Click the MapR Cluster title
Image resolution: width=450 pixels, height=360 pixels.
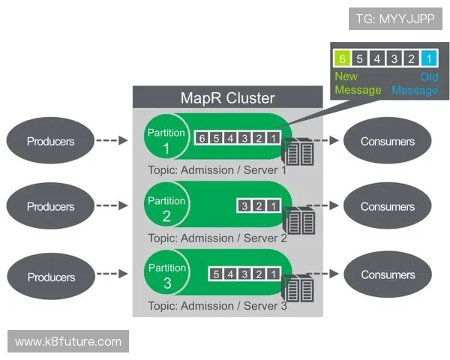click(228, 97)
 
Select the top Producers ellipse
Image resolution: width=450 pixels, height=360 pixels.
click(51, 141)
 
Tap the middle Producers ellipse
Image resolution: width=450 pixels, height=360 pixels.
click(51, 206)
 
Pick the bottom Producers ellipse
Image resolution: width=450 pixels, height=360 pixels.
click(51, 277)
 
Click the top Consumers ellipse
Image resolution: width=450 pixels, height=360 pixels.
click(387, 141)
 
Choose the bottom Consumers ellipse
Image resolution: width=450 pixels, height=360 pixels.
click(387, 275)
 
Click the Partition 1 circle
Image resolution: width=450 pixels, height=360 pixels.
click(166, 138)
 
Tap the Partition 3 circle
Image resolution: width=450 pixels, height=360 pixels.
click(166, 274)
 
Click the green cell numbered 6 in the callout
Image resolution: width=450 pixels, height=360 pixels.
click(343, 58)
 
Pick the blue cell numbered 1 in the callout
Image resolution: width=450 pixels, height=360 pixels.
click(428, 58)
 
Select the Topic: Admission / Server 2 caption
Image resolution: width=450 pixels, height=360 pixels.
click(217, 238)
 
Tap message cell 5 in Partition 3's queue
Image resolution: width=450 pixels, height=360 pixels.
click(216, 274)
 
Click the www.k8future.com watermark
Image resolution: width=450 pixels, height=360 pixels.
click(68, 342)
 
